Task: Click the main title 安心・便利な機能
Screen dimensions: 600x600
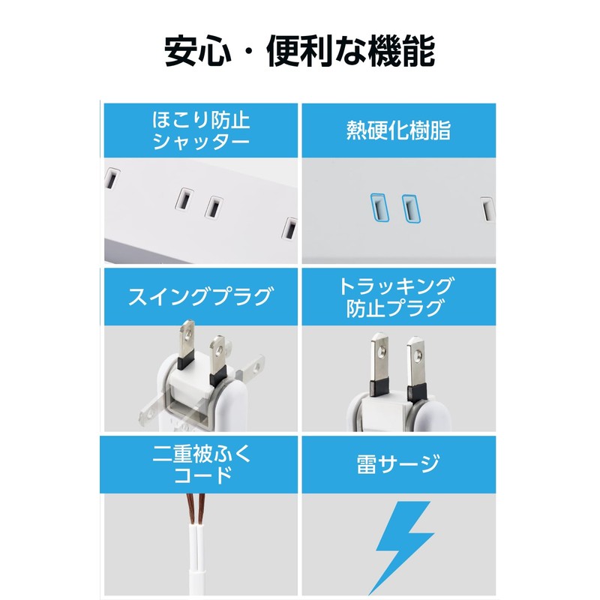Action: (x=300, y=51)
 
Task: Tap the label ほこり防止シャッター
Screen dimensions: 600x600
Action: (x=201, y=130)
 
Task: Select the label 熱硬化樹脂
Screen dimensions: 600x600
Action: (x=398, y=130)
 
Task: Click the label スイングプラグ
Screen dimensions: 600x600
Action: (x=201, y=297)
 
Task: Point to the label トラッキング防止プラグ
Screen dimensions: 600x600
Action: (x=398, y=297)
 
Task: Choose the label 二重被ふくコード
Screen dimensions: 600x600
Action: (x=201, y=463)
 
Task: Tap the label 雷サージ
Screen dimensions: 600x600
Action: (x=398, y=463)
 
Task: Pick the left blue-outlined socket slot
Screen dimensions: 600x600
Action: (x=376, y=208)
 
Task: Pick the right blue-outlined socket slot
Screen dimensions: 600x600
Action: (x=409, y=208)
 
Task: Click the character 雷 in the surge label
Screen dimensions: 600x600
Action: (x=368, y=463)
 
